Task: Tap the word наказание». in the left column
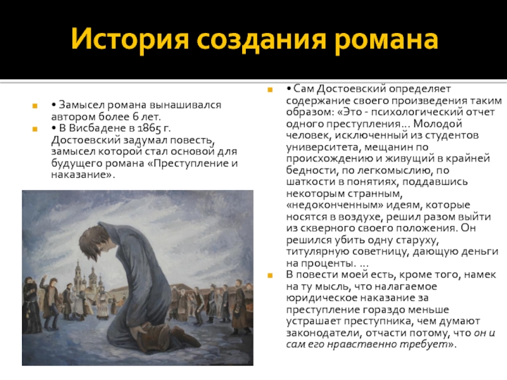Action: pyautogui.click(x=83, y=175)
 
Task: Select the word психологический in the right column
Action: pyautogui.click(x=416, y=112)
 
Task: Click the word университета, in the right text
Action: pyautogui.click(x=324, y=147)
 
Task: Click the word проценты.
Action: pyautogui.click(x=326, y=263)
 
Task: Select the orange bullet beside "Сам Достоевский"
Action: pyautogui.click(x=270, y=90)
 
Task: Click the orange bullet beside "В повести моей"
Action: pyautogui.click(x=270, y=275)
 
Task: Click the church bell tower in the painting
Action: pyautogui.click(x=78, y=275)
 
